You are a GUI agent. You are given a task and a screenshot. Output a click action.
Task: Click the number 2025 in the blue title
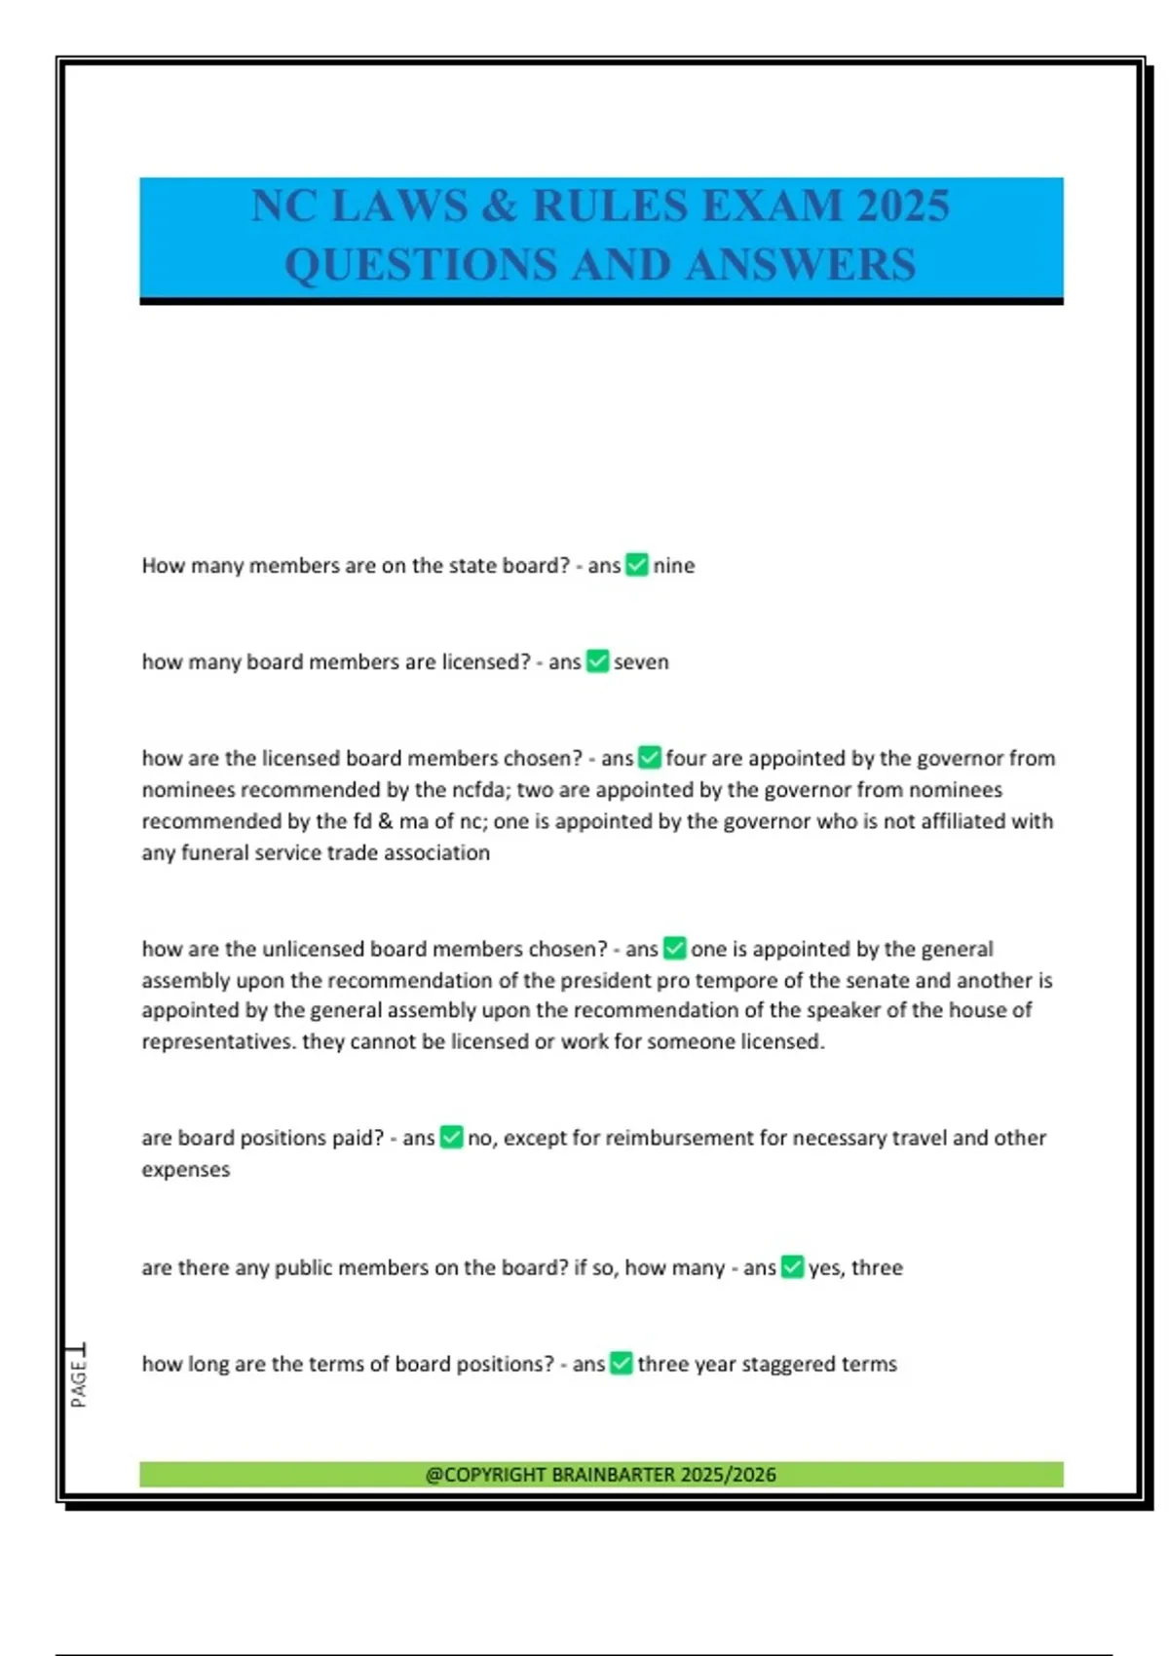903,207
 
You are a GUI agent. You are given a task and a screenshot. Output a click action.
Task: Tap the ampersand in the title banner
499,207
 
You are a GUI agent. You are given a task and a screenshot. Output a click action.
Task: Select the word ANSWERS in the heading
801,265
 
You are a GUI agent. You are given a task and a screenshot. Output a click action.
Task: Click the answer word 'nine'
673,566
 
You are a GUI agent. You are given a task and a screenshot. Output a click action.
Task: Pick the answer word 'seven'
641,662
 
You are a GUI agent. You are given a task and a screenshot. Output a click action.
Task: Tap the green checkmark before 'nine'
636,565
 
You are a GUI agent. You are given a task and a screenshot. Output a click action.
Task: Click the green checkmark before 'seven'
597,661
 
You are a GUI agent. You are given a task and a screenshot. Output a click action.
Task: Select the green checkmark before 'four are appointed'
649,758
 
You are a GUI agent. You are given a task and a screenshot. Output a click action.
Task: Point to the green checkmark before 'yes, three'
792,1267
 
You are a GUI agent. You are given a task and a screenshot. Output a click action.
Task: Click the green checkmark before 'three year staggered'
621,1364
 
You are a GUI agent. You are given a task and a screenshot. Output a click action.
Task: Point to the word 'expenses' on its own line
186,1170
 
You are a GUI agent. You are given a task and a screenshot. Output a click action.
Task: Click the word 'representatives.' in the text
218,1042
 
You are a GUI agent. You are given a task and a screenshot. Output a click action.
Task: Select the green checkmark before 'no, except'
451,1138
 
